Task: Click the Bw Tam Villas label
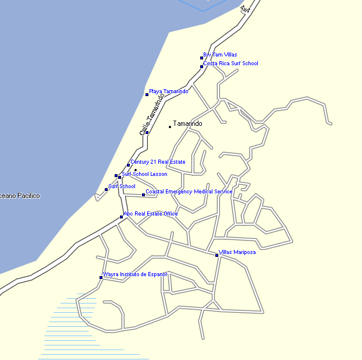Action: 220,55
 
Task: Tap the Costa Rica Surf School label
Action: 230,63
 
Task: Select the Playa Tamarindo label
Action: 169,91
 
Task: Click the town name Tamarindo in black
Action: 187,124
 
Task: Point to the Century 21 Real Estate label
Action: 158,162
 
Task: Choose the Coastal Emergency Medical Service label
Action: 189,192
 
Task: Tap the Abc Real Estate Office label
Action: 151,214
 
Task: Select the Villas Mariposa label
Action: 237,252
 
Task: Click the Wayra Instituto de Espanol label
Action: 135,274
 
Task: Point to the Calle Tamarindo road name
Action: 149,115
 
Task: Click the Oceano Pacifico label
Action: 20,196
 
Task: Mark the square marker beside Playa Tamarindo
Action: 147,94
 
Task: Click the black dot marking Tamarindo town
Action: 170,126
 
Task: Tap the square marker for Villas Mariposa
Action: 217,255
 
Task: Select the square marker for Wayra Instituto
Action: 101,277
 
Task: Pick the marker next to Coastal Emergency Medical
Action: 144,195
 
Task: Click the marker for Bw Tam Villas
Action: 201,58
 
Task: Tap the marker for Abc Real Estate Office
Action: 122,217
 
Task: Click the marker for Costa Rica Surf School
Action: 201,66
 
